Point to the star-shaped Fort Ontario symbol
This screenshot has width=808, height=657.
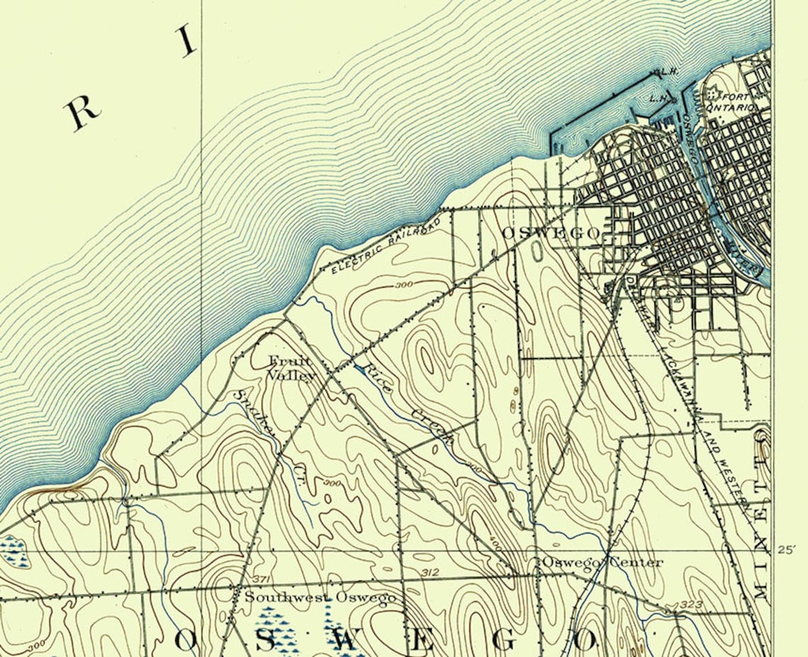(x=711, y=94)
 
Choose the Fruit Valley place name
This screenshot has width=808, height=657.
(x=291, y=369)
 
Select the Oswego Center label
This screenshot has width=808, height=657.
(x=602, y=562)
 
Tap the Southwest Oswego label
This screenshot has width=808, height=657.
(x=320, y=598)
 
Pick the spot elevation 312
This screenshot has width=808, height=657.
(x=430, y=572)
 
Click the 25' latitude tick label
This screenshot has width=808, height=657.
(x=787, y=549)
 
